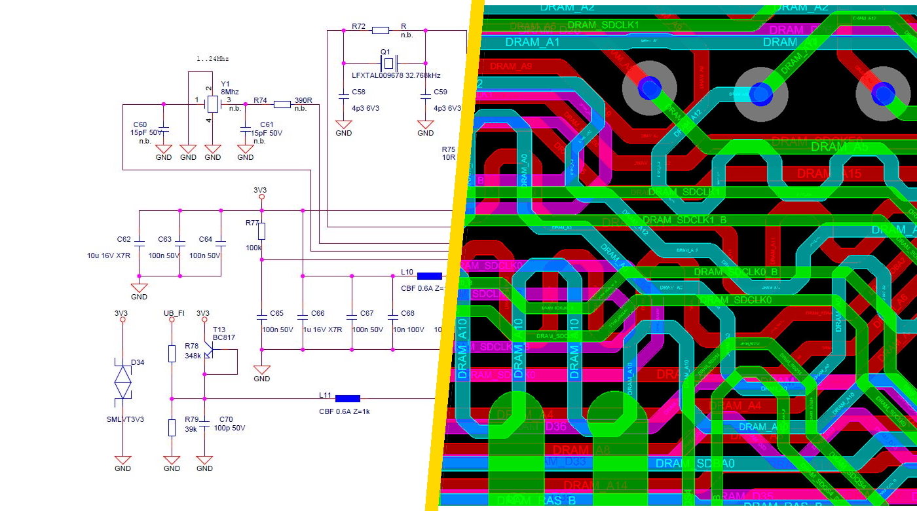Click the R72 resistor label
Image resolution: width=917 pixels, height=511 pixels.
[x=358, y=26]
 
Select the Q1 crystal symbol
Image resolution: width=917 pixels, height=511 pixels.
[x=388, y=64]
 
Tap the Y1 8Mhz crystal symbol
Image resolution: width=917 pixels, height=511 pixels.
[x=213, y=104]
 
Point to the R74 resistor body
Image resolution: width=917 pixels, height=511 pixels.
[x=282, y=104]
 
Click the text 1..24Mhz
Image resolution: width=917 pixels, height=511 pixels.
[x=213, y=59]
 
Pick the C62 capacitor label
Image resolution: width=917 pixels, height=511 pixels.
[x=124, y=239]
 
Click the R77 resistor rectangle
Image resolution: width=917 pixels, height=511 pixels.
[x=261, y=231]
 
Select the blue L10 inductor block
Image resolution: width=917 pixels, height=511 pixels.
[x=429, y=276]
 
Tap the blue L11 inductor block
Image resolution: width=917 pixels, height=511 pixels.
[x=347, y=398]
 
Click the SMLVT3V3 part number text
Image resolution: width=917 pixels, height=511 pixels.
[x=124, y=419]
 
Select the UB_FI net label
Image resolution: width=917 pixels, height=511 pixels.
[x=174, y=313]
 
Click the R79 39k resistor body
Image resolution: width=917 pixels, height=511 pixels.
[x=172, y=428]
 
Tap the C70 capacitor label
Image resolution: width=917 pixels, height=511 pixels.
[x=226, y=419]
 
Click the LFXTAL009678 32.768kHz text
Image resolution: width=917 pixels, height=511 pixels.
[x=396, y=76]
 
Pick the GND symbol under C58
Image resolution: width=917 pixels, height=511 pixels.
[x=343, y=125]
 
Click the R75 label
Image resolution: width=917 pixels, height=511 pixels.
[x=449, y=149]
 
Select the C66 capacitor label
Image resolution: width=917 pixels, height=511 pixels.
[x=318, y=314]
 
